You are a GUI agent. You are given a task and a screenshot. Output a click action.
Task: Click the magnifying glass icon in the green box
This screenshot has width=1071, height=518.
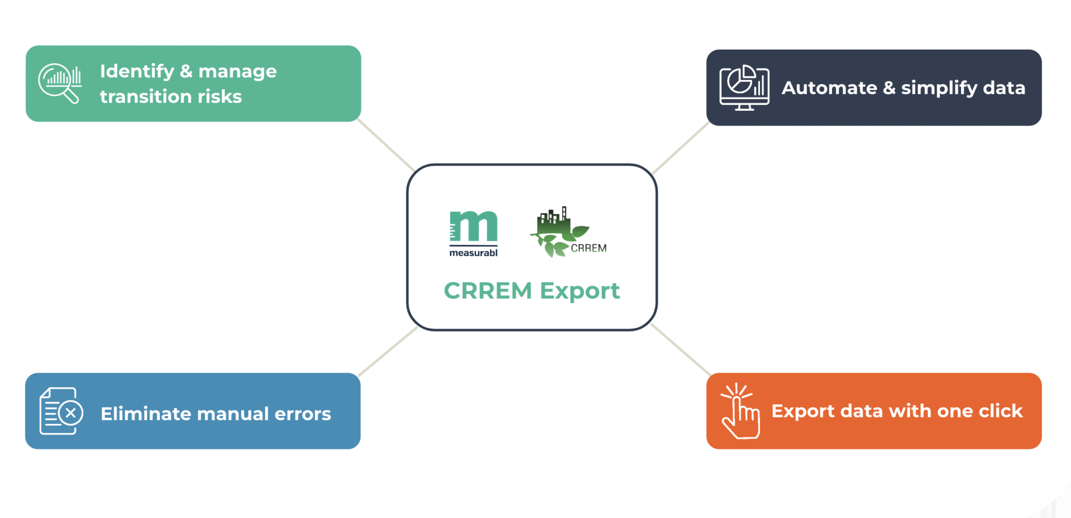point(60,83)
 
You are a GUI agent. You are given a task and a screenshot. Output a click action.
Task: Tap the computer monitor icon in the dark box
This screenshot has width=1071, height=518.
point(744,87)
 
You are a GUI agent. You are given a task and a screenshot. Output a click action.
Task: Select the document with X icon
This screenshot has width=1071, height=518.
point(61,411)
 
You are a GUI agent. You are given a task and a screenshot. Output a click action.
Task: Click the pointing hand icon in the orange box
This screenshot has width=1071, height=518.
point(739,411)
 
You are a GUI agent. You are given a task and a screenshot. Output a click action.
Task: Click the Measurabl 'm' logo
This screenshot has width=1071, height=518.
point(474,227)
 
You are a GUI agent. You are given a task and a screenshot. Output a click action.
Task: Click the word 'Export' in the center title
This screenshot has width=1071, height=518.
point(579,291)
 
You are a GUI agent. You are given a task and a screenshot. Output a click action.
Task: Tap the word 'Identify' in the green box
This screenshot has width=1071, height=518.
point(137,71)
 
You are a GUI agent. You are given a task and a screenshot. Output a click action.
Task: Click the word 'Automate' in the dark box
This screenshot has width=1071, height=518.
point(829,88)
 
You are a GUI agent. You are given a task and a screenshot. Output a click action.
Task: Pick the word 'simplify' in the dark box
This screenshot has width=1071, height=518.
point(939,88)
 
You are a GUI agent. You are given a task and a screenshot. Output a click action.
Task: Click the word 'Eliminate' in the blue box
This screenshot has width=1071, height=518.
point(147,413)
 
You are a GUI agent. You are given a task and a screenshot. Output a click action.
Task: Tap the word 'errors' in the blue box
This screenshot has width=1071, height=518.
point(303,413)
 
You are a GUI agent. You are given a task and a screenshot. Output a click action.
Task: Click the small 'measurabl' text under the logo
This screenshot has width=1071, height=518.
point(473,253)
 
